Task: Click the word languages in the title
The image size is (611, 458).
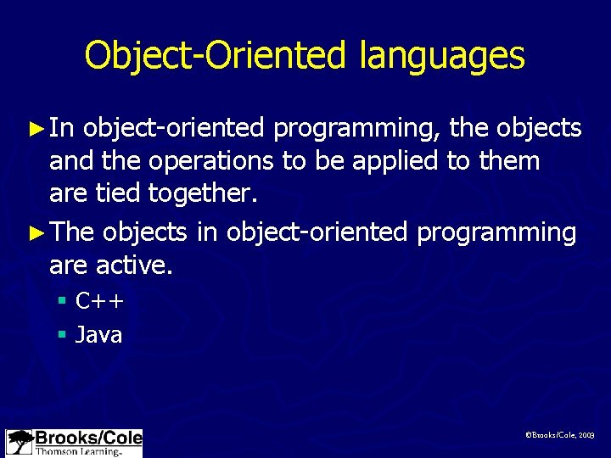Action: point(442,57)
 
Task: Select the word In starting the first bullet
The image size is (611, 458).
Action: point(62,128)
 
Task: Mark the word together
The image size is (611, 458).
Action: point(201,194)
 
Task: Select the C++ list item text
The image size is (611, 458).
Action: point(100,301)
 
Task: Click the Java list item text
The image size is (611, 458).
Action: point(98,335)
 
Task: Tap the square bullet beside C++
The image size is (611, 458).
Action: point(62,301)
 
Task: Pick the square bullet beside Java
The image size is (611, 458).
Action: point(62,335)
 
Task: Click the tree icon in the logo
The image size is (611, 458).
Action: point(20,442)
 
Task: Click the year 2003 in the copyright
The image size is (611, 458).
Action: point(586,435)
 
